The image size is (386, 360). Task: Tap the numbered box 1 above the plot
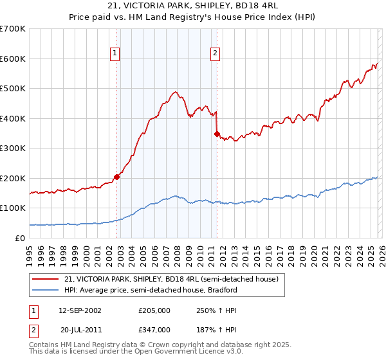[115, 54]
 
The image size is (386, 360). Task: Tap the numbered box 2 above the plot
[215, 54]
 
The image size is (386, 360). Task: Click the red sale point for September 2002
[116, 177]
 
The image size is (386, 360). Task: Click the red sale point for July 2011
[217, 134]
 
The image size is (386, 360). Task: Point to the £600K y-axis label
[13, 59]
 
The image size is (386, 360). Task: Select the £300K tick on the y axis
[13, 148]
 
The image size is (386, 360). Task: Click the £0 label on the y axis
[21, 238]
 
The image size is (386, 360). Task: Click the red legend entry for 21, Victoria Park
[170, 279]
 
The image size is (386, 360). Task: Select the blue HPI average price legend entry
[151, 290]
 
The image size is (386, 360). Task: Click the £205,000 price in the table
[154, 310]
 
